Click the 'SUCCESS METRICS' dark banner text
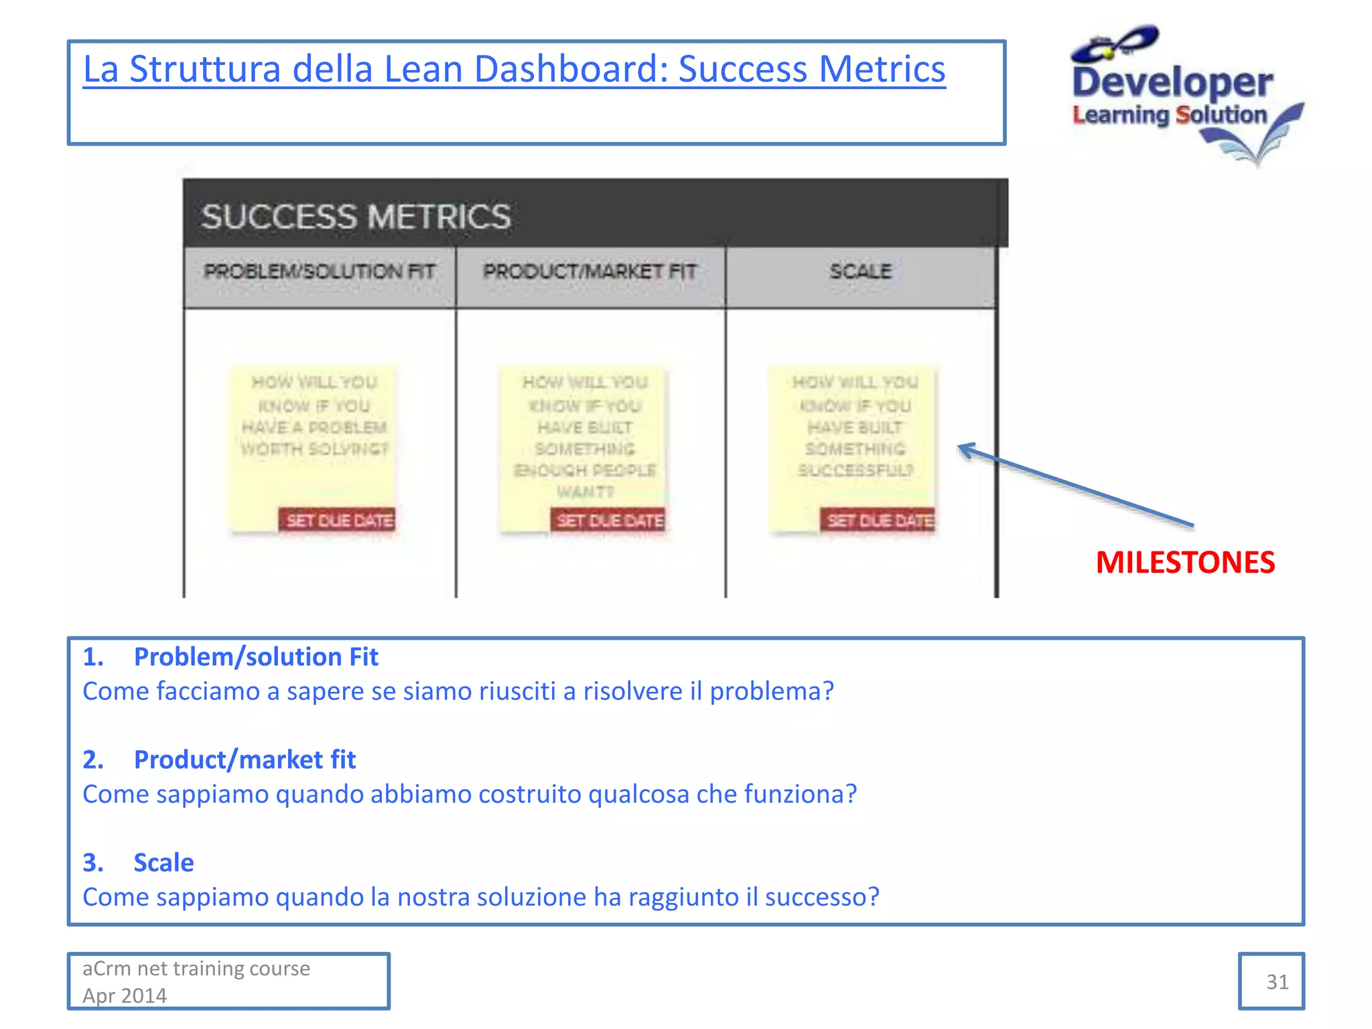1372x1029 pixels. tap(356, 217)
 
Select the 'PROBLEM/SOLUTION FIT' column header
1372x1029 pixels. tap(320, 272)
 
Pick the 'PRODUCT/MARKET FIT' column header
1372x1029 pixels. tap(590, 272)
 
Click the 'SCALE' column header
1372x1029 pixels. tap(860, 272)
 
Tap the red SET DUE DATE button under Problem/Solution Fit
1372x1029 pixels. tap(338, 521)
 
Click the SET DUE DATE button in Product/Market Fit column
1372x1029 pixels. tap(609, 521)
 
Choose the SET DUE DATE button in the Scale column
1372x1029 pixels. tap(878, 521)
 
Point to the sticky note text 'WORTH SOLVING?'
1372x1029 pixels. tap(314, 449)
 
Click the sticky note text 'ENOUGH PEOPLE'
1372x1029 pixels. tap(585, 470)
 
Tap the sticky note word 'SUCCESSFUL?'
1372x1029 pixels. tap(855, 470)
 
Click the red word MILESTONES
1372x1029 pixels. tap(1185, 563)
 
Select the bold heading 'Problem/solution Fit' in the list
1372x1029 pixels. tap(256, 657)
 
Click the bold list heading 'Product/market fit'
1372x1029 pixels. tap(245, 760)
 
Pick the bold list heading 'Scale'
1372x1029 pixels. tap(163, 863)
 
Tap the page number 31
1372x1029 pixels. tap(1277, 982)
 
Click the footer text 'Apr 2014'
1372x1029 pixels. tap(125, 996)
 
